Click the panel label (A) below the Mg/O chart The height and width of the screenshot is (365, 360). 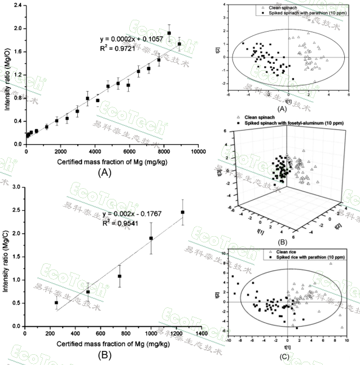pos(108,171)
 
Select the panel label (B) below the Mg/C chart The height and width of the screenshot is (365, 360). pos(108,355)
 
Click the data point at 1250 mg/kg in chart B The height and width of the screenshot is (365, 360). pos(182,212)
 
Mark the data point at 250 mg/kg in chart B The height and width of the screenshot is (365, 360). pos(56,303)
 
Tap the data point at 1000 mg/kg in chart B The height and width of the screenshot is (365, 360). pos(151,238)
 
